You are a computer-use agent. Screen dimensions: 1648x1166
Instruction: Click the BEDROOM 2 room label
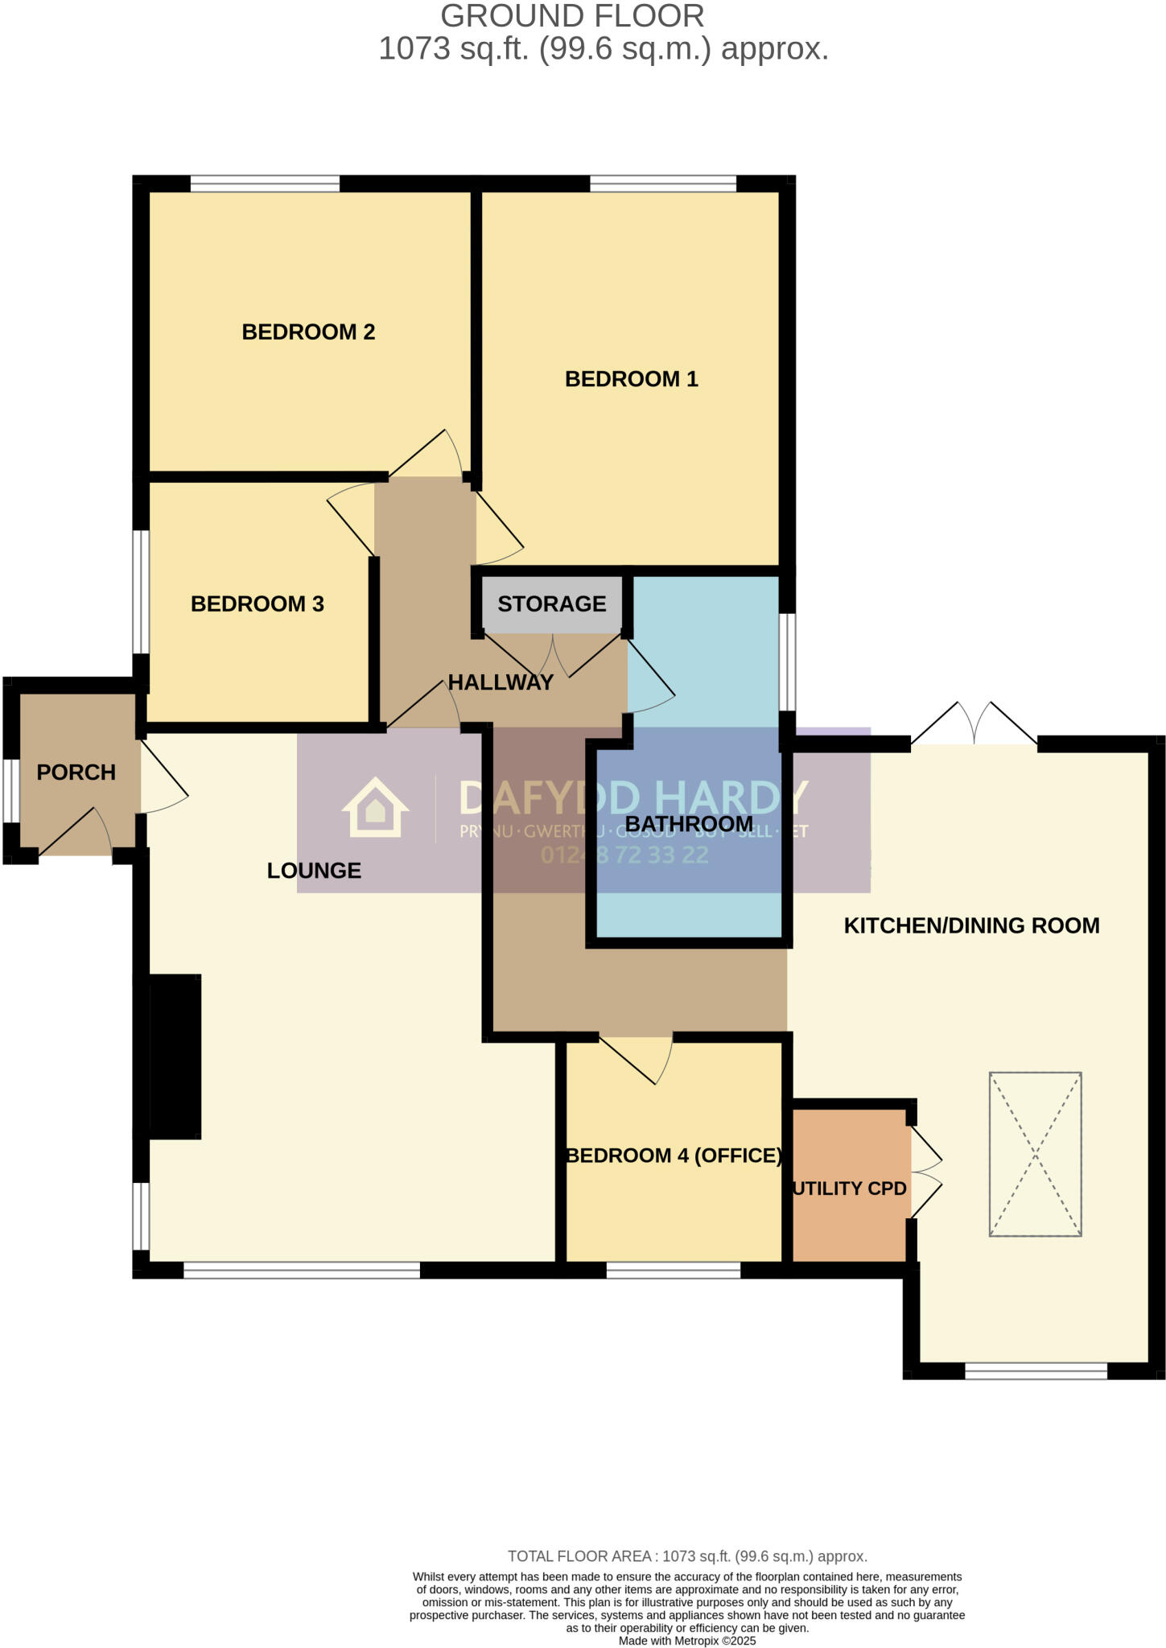(308, 332)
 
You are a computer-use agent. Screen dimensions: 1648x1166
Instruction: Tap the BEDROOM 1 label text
(631, 379)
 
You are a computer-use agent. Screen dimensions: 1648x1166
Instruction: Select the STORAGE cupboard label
(551, 604)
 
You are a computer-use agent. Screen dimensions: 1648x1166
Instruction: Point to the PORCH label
(76, 772)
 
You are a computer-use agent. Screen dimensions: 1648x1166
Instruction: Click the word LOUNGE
(314, 871)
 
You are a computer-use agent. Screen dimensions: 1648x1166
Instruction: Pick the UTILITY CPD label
(850, 1189)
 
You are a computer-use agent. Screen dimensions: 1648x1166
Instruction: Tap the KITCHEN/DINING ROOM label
(971, 925)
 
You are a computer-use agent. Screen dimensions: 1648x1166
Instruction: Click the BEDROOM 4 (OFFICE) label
(674, 1156)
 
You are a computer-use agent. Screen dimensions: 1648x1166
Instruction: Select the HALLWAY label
(501, 682)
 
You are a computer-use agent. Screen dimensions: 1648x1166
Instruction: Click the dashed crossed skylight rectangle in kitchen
(1035, 1153)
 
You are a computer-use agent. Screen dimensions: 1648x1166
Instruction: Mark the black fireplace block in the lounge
(175, 1056)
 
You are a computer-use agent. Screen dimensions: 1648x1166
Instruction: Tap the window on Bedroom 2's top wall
(265, 184)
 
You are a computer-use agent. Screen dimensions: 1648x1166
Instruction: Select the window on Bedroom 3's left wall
(141, 591)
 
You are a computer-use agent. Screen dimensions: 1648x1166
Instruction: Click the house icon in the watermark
(375, 807)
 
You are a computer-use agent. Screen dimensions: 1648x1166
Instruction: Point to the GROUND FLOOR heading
(572, 16)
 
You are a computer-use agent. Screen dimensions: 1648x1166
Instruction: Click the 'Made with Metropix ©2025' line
(686, 1641)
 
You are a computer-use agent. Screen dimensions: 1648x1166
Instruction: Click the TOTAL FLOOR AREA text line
(686, 1556)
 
